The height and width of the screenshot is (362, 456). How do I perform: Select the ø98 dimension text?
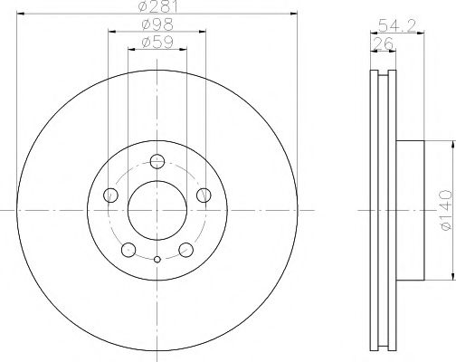click(x=157, y=24)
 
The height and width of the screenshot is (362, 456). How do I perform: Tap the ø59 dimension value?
click(x=157, y=41)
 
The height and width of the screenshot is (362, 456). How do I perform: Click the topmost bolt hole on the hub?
click(x=157, y=163)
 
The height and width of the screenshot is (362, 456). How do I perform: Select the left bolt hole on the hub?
click(x=112, y=195)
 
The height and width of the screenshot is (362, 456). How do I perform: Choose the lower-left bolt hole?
click(x=128, y=250)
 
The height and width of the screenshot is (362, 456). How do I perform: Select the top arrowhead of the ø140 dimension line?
click(x=450, y=142)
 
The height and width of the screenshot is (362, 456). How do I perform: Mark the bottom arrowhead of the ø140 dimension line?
click(x=450, y=276)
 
